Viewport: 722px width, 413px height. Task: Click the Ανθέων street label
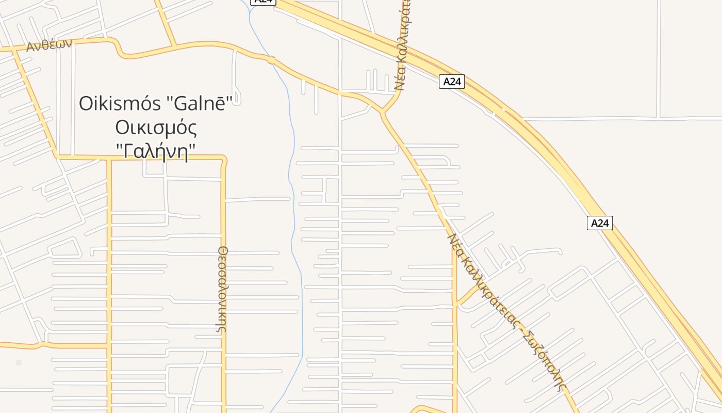(49, 45)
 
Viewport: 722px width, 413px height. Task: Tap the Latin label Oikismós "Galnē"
(160, 103)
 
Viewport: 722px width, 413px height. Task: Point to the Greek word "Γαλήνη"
(156, 151)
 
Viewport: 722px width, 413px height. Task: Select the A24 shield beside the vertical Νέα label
(452, 82)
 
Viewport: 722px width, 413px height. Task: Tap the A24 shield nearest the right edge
(600, 223)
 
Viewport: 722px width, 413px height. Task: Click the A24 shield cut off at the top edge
(263, 2)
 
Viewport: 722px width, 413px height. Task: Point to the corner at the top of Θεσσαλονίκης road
(223, 158)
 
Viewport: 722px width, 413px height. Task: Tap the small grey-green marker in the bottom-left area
(19, 363)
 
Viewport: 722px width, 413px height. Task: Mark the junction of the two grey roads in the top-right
(659, 118)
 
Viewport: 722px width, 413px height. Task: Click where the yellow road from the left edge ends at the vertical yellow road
(109, 344)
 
